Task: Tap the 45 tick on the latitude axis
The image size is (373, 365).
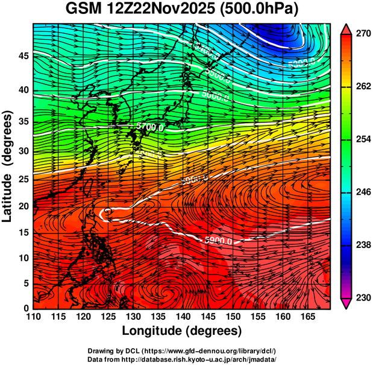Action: pos(22,56)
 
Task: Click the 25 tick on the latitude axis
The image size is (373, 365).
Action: pos(22,180)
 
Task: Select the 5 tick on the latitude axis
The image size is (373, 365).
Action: pos(25,283)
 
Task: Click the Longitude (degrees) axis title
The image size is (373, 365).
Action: pos(182,331)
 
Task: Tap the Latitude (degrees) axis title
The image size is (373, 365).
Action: pos(8,167)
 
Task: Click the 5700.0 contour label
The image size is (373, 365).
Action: pos(146,127)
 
